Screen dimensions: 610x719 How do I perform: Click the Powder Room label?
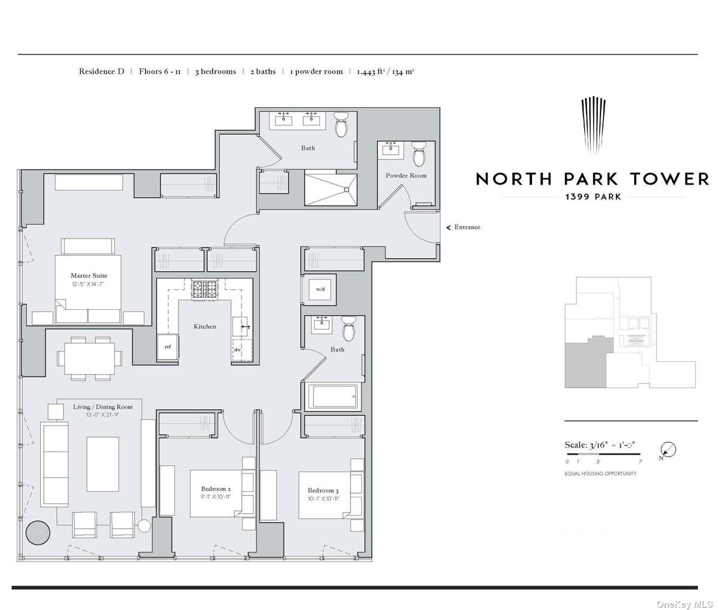406,176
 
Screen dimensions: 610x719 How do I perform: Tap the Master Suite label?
89,276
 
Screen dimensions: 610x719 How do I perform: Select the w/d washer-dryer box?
319,290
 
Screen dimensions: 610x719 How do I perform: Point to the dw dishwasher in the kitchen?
237,350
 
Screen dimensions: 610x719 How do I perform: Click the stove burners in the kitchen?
205,289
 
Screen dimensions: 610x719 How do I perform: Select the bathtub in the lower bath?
331,396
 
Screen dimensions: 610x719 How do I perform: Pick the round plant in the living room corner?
38,532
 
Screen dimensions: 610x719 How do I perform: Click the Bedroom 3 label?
323,490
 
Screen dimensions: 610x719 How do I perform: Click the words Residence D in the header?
101,71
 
